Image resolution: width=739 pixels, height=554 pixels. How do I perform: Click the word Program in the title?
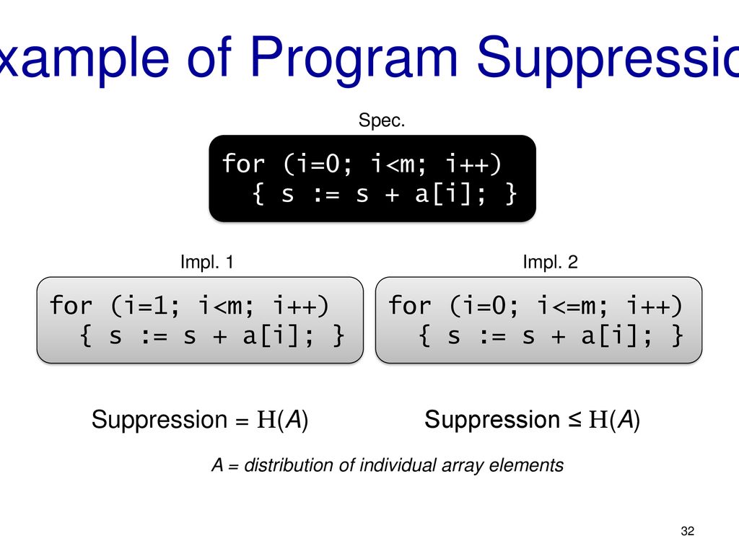(x=354, y=59)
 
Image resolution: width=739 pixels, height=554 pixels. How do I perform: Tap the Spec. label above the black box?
(x=382, y=120)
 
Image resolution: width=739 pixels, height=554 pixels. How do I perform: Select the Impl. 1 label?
(x=207, y=262)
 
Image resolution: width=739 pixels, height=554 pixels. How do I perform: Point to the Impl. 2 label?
(x=551, y=262)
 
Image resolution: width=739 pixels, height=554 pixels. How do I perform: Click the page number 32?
(x=688, y=531)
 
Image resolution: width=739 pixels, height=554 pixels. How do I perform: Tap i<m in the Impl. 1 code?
(x=227, y=305)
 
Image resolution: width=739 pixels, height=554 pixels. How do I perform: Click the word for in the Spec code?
(x=244, y=164)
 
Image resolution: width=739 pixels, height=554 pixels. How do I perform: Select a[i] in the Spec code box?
(x=443, y=194)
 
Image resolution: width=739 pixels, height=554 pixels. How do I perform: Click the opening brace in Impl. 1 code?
(x=85, y=336)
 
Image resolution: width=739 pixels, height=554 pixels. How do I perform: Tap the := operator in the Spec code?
(x=327, y=195)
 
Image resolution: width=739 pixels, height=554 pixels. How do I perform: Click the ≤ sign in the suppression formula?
(x=574, y=419)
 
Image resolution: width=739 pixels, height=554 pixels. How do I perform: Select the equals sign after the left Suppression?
(x=242, y=421)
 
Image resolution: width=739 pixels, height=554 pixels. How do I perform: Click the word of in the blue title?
(x=209, y=57)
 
